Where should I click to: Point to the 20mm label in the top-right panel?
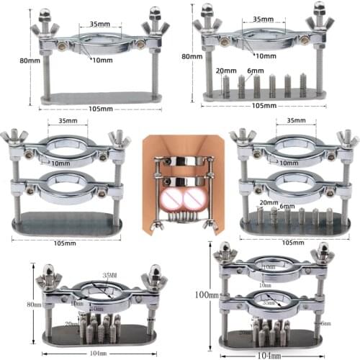click(x=226, y=71)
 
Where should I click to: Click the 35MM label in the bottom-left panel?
click(x=109, y=274)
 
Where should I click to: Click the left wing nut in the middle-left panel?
click(x=14, y=138)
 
